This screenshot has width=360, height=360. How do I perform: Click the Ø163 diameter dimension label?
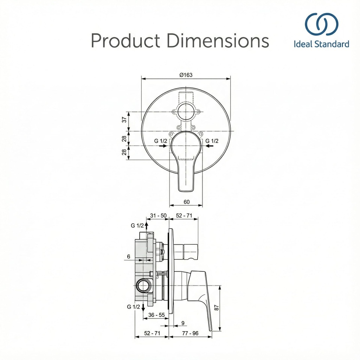point(186,75)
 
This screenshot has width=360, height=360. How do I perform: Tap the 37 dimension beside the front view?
point(124,120)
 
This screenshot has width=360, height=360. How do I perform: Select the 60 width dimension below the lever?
point(187,202)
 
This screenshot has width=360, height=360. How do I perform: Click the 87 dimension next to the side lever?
point(217,308)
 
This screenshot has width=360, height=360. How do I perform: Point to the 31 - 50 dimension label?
point(158,216)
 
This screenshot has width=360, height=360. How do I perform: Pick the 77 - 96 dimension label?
point(190,333)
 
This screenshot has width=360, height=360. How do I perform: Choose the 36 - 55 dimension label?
point(156,315)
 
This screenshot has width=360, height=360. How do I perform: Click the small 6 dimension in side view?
point(129,256)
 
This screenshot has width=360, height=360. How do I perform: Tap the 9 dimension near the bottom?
point(183,323)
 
